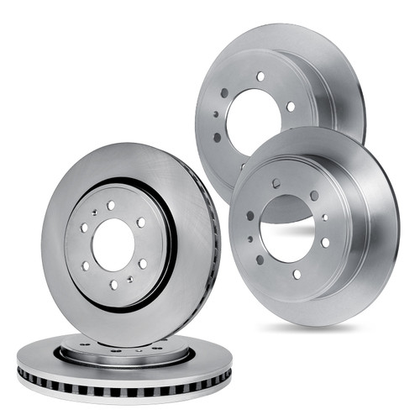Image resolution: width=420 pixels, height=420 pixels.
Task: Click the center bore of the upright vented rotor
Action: pos(112,244)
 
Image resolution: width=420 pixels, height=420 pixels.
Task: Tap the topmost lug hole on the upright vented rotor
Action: pos(111,205)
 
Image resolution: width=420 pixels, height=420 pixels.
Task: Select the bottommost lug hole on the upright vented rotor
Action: pos(112,284)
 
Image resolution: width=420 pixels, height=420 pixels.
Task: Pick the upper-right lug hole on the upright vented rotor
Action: pos(141,222)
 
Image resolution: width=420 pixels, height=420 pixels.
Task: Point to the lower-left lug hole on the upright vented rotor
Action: pos(85,265)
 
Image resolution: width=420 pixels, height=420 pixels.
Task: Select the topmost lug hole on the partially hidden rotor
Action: pos(260,76)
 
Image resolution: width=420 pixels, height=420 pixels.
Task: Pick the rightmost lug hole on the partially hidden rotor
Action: pos(291,107)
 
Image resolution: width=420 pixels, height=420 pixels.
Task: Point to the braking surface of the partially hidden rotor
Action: pos(336,76)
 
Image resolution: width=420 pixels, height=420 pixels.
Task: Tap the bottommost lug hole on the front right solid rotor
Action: pos(297,274)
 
